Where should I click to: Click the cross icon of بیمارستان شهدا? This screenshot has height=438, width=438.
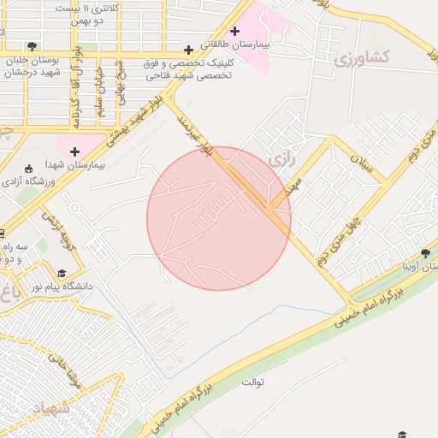[x=74, y=151]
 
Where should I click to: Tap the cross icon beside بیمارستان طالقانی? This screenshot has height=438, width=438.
[x=234, y=31]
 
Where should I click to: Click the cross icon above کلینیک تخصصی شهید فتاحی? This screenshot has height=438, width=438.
[x=188, y=50]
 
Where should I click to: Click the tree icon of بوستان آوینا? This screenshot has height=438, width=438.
[x=426, y=253]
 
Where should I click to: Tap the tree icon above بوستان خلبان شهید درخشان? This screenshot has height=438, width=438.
[x=32, y=46]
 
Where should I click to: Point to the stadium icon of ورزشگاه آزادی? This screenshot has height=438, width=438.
[x=29, y=168]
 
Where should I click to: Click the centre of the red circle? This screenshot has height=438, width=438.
[x=219, y=218]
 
